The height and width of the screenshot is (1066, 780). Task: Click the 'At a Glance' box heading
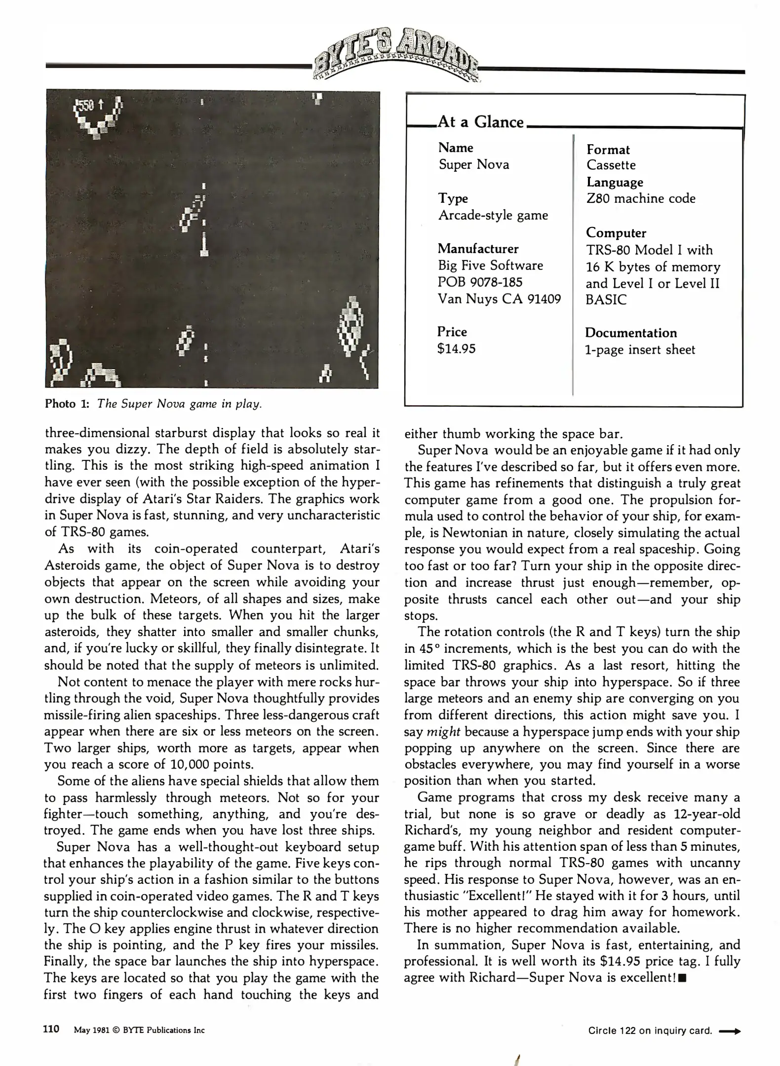click(480, 121)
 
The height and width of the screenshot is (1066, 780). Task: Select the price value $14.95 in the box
click(456, 349)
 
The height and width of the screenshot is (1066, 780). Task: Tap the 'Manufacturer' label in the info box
click(478, 248)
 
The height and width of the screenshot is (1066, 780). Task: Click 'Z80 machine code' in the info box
click(640, 198)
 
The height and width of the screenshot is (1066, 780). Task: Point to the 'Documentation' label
click(630, 333)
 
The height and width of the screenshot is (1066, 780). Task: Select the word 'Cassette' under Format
click(611, 165)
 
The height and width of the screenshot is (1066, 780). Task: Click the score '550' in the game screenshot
click(85, 105)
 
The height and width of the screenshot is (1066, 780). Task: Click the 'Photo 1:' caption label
click(67, 404)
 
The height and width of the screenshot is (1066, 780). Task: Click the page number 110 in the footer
click(51, 1029)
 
